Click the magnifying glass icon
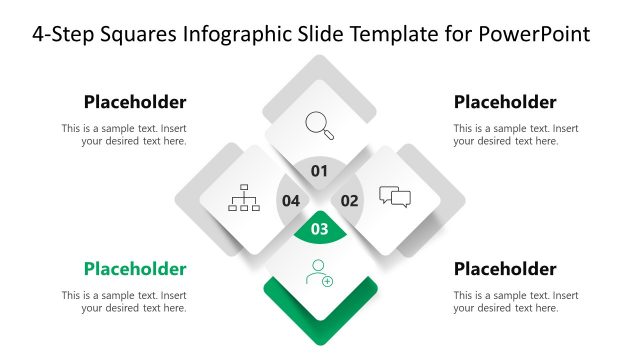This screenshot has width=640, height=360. pos(319,125)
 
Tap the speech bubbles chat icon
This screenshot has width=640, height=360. pos(395,197)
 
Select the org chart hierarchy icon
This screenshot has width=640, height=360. pos(244,198)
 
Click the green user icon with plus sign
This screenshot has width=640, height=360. pos(320,272)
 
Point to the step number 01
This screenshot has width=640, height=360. pos(319,171)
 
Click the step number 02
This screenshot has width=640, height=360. pos(349,200)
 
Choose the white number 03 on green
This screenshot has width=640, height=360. pos(320,230)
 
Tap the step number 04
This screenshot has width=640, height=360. pos(290,200)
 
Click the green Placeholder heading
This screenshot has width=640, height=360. pos(135,269)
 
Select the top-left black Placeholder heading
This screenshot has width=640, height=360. pos(135,102)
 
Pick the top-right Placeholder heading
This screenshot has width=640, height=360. pos(505,102)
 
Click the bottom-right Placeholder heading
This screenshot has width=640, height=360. pos(505,269)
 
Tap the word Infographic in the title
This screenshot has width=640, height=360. pos(232,34)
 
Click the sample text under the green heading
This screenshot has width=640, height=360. pos(124,302)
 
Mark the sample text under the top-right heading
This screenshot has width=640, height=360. pos(515,135)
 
